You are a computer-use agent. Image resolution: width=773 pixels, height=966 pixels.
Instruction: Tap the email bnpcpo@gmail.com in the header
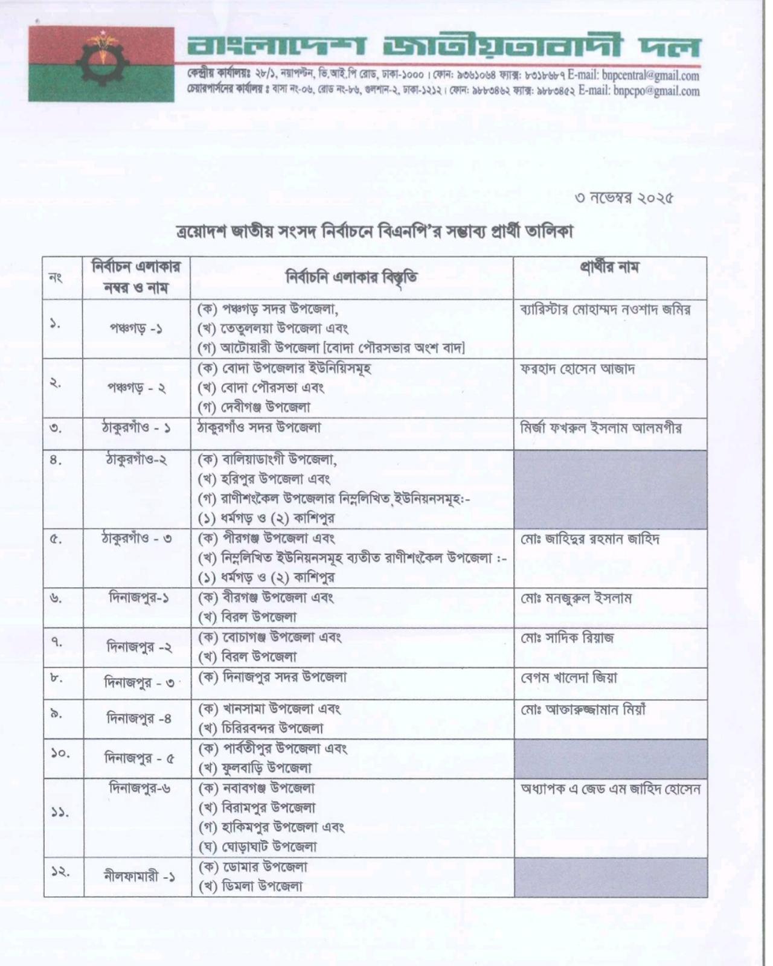click(x=656, y=92)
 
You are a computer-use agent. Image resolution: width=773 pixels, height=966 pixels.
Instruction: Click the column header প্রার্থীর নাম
click(x=609, y=267)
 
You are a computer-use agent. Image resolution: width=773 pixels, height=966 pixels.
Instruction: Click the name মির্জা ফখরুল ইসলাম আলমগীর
click(x=601, y=428)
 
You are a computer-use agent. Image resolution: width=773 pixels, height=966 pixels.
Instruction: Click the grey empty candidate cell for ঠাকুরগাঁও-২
click(x=610, y=489)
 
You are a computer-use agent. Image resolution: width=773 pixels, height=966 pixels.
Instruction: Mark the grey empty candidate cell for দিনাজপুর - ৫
click(x=610, y=758)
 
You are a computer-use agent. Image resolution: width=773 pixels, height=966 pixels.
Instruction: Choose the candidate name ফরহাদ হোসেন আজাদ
click(x=577, y=369)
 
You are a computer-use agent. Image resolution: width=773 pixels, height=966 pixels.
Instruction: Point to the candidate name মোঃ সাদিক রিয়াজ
click(x=567, y=638)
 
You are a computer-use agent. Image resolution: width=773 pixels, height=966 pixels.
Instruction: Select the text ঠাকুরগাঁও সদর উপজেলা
click(x=260, y=427)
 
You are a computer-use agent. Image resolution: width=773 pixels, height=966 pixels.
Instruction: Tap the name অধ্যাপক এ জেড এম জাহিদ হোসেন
click(x=610, y=789)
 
